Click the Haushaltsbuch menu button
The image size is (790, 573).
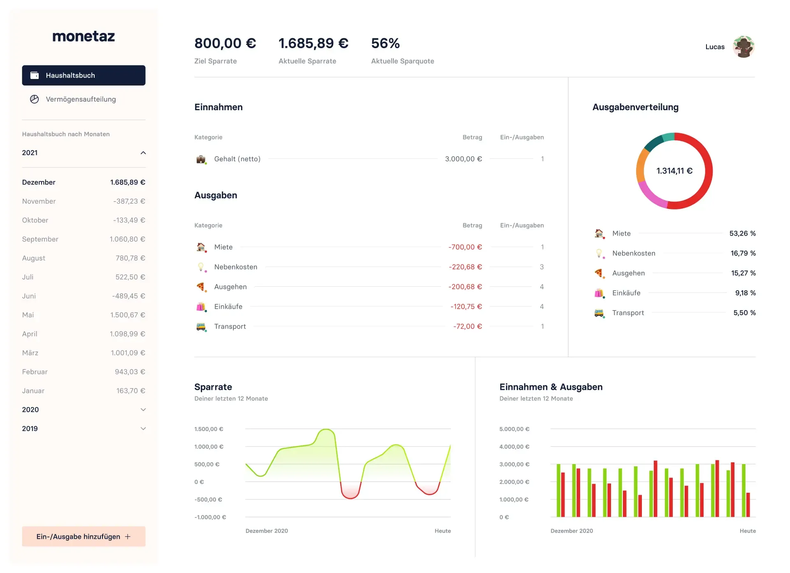(84, 75)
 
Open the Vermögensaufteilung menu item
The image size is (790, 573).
(81, 99)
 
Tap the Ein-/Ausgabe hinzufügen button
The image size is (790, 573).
(84, 536)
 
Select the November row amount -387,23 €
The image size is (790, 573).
(129, 201)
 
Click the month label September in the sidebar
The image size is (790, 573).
(40, 239)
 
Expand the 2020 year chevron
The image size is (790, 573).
(143, 410)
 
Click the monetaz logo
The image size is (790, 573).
(84, 36)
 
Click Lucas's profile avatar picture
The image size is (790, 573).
(743, 46)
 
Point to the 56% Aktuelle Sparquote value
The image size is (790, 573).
(385, 43)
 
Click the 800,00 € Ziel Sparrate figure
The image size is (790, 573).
(225, 43)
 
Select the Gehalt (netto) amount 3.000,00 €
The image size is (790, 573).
(463, 159)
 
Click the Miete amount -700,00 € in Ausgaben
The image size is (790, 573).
(465, 247)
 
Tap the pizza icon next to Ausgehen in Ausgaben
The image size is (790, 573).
(201, 287)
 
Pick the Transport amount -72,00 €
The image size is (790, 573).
(467, 326)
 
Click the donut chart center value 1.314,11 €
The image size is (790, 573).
(674, 171)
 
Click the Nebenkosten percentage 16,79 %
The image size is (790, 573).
(743, 253)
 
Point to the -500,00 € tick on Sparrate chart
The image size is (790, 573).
(208, 499)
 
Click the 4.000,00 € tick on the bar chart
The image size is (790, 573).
(514, 447)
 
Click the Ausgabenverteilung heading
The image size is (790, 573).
(635, 107)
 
